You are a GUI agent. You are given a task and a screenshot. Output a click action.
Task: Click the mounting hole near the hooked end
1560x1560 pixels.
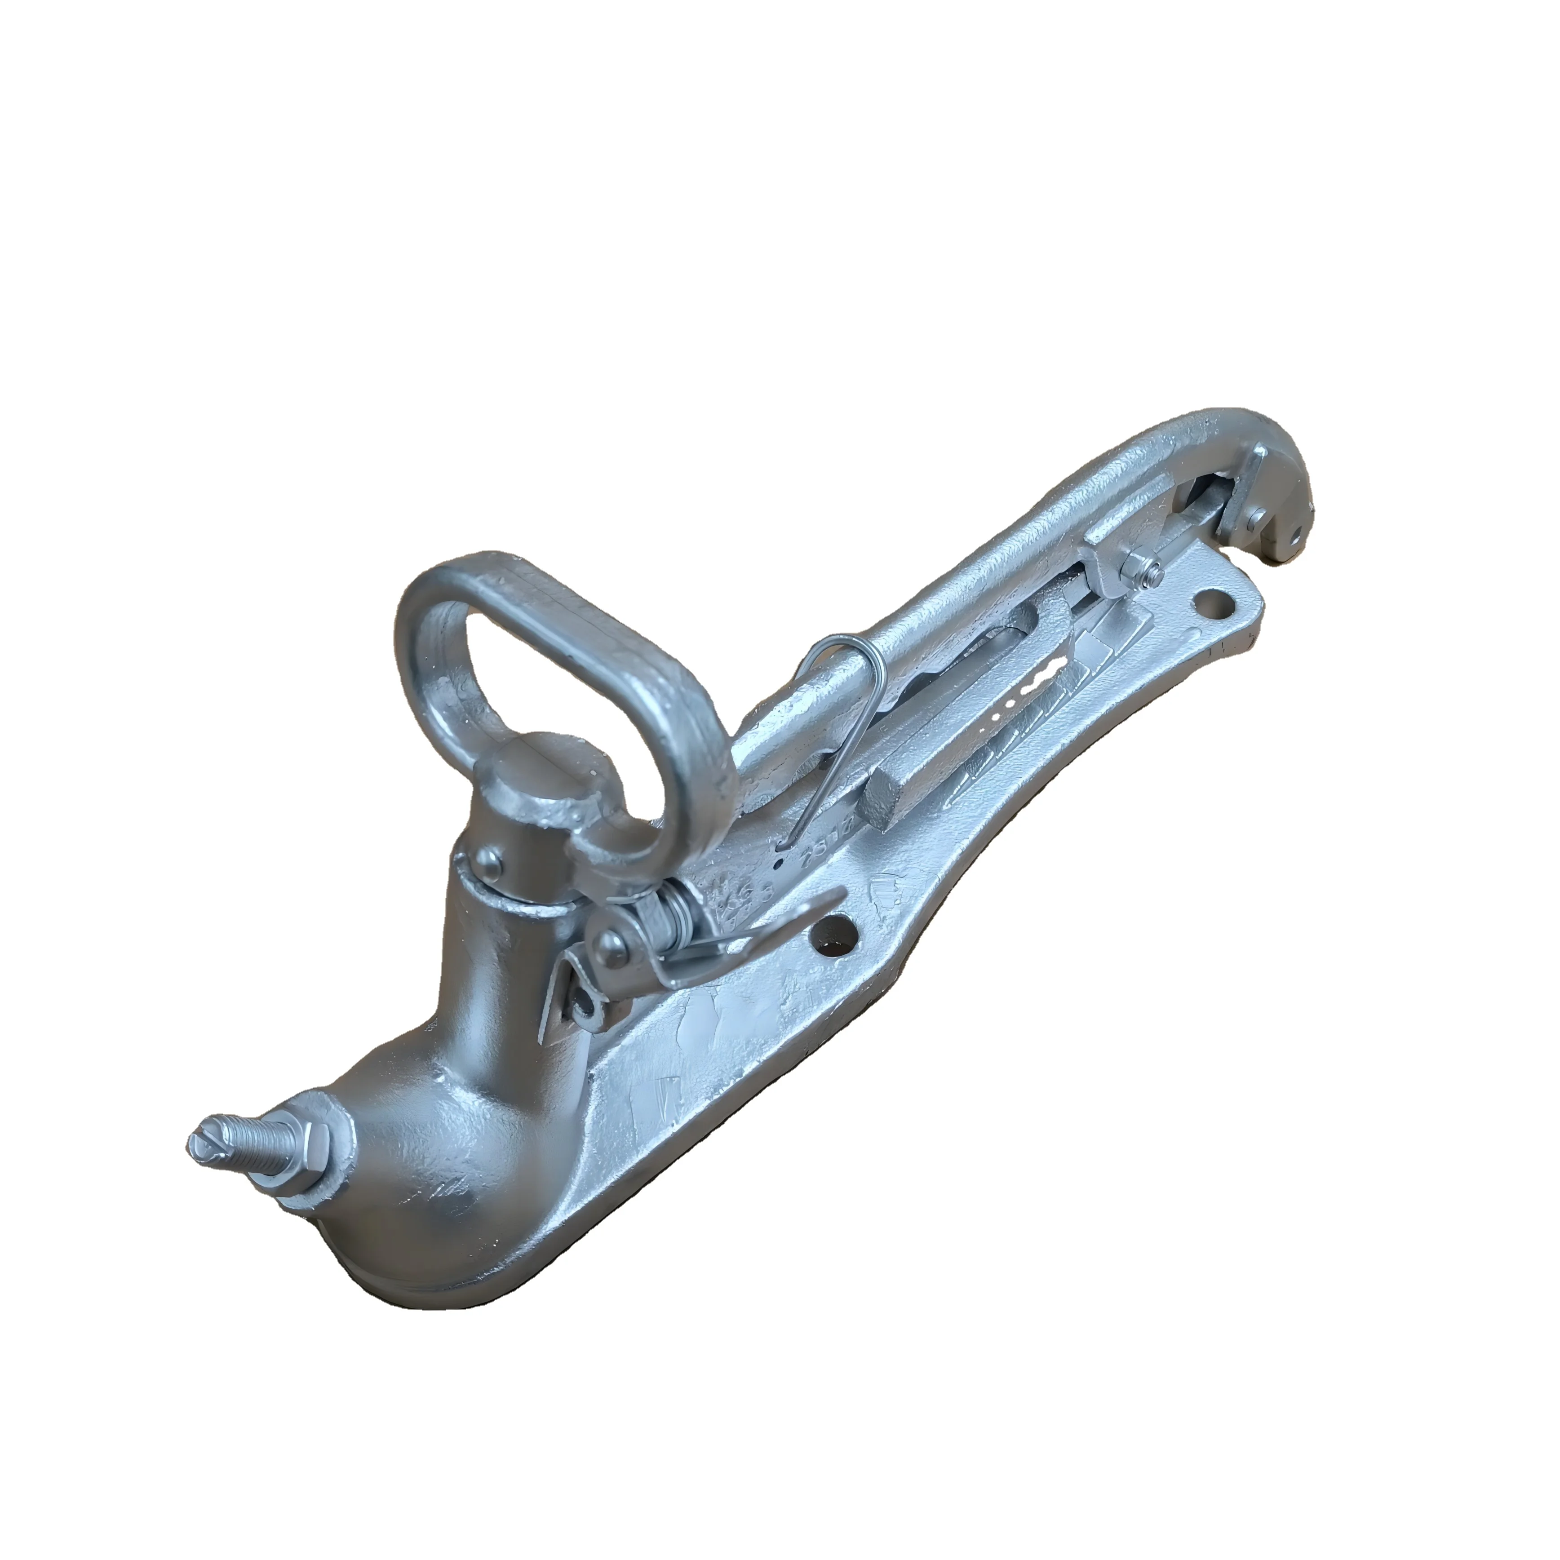(x=1213, y=600)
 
